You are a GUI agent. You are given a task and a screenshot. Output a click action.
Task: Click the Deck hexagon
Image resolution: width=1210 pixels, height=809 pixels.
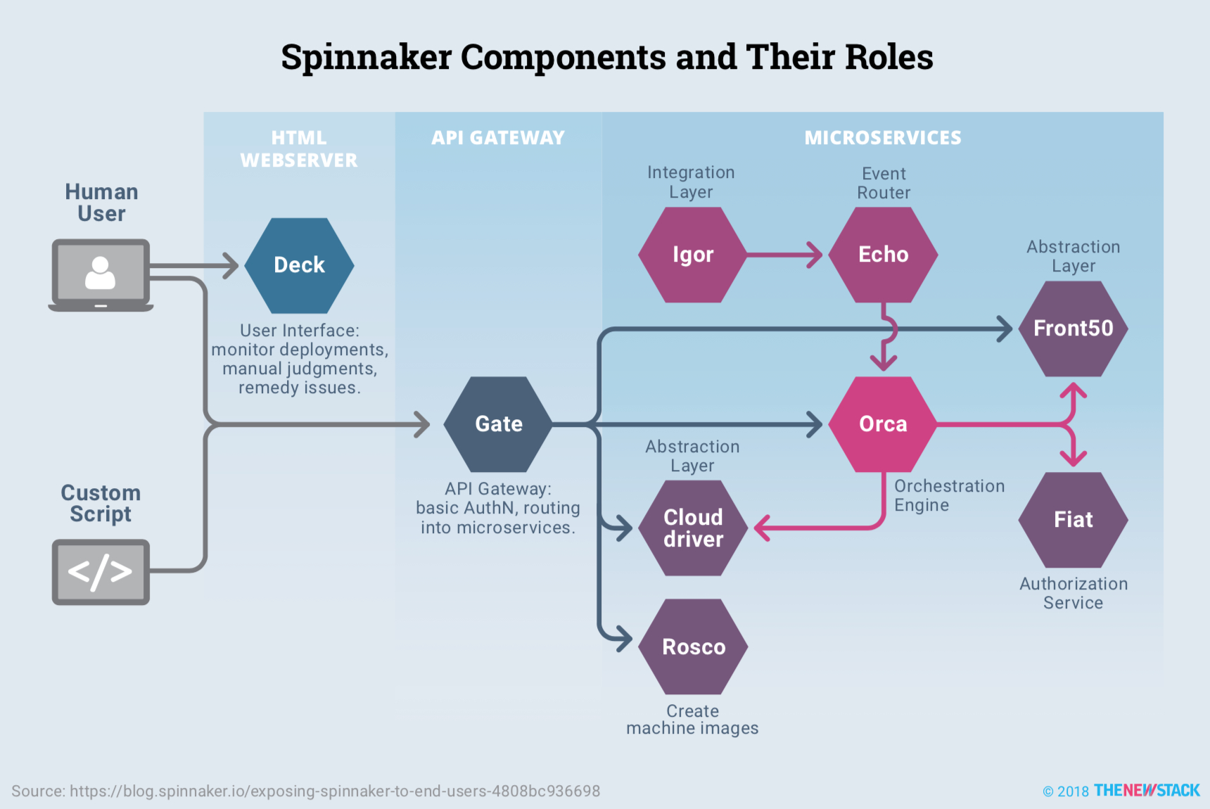pyautogui.click(x=299, y=265)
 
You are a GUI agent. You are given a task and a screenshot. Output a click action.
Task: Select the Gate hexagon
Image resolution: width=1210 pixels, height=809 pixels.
pyautogui.click(x=498, y=424)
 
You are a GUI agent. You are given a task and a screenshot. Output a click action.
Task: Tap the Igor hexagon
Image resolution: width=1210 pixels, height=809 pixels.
pyautogui.click(x=692, y=255)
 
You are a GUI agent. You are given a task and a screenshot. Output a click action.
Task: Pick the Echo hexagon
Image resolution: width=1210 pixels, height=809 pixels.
pyautogui.click(x=883, y=255)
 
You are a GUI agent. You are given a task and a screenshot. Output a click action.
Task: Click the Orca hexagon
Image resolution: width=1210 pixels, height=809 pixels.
pyautogui.click(x=883, y=424)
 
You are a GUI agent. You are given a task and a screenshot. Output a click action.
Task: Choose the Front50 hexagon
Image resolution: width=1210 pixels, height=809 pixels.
pyautogui.click(x=1073, y=329)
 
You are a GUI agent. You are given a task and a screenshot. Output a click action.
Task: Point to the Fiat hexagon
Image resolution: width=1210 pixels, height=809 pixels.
pyautogui.click(x=1073, y=520)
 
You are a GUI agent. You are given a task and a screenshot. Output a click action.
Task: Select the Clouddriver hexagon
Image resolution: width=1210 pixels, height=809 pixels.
pyautogui.click(x=693, y=528)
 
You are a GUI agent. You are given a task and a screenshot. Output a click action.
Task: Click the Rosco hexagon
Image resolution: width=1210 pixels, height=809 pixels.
pyautogui.click(x=693, y=646)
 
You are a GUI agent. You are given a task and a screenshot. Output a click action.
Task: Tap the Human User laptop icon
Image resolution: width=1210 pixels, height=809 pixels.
pyautogui.click(x=101, y=274)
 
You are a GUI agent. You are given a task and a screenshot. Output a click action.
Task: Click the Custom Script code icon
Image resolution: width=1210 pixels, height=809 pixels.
pyautogui.click(x=101, y=571)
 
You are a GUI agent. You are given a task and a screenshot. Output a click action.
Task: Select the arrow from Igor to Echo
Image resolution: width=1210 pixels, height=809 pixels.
pyautogui.click(x=784, y=255)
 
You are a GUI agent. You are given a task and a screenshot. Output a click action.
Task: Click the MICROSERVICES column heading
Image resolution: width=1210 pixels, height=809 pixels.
pyautogui.click(x=882, y=138)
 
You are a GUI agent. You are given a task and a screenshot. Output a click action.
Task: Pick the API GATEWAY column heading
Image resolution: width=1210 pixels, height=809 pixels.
pyautogui.click(x=497, y=138)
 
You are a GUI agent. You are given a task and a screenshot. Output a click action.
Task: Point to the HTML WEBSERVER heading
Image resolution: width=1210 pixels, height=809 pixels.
pyautogui.click(x=299, y=149)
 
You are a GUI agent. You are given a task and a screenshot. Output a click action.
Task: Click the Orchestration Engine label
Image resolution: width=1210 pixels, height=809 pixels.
pyautogui.click(x=948, y=495)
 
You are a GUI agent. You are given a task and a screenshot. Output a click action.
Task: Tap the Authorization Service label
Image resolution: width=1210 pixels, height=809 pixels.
pyautogui.click(x=1073, y=593)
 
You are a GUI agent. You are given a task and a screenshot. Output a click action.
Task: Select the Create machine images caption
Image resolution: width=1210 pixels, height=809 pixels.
pyautogui.click(x=692, y=720)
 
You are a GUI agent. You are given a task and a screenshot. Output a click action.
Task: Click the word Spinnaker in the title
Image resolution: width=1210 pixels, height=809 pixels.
pyautogui.click(x=366, y=58)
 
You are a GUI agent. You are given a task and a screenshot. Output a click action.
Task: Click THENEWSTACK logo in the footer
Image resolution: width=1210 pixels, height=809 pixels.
pyautogui.click(x=1146, y=791)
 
